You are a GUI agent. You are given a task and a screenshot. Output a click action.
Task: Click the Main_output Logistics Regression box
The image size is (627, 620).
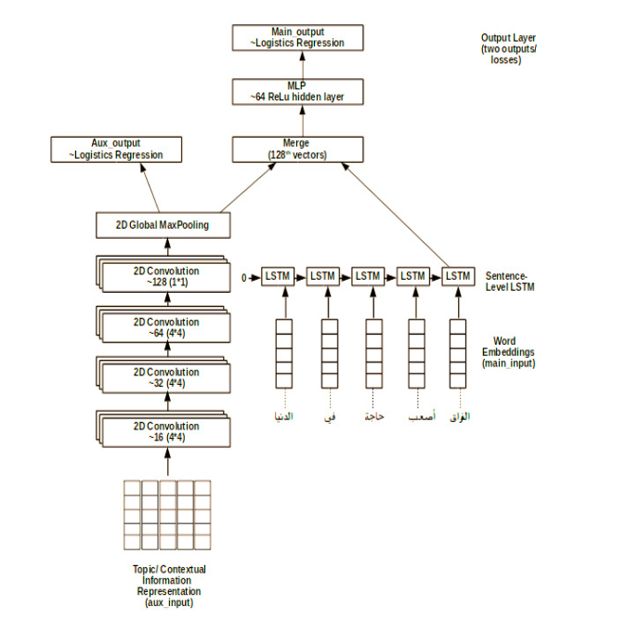(x=297, y=37)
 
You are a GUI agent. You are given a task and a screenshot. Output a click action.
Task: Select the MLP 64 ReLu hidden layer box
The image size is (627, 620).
(x=297, y=92)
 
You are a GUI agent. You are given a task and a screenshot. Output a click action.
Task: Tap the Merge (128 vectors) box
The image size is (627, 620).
(x=297, y=149)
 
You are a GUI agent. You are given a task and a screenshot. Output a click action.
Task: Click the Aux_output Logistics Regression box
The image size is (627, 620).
(x=116, y=149)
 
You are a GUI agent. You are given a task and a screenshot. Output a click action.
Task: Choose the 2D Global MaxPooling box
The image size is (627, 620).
(x=162, y=225)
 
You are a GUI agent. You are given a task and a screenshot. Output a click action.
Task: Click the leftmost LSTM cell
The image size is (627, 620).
(x=276, y=276)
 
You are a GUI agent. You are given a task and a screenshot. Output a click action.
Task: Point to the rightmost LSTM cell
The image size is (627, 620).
(x=457, y=276)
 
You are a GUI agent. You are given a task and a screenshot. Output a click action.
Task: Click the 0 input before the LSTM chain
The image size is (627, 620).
(x=243, y=277)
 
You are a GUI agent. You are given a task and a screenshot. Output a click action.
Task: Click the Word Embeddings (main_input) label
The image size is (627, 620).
(x=509, y=352)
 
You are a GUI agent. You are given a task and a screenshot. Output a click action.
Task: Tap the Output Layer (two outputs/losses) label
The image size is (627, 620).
(x=502, y=47)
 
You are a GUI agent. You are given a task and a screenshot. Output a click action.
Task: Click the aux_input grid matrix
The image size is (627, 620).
(x=167, y=515)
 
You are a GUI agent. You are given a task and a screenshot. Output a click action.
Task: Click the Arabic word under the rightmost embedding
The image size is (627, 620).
(x=459, y=416)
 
